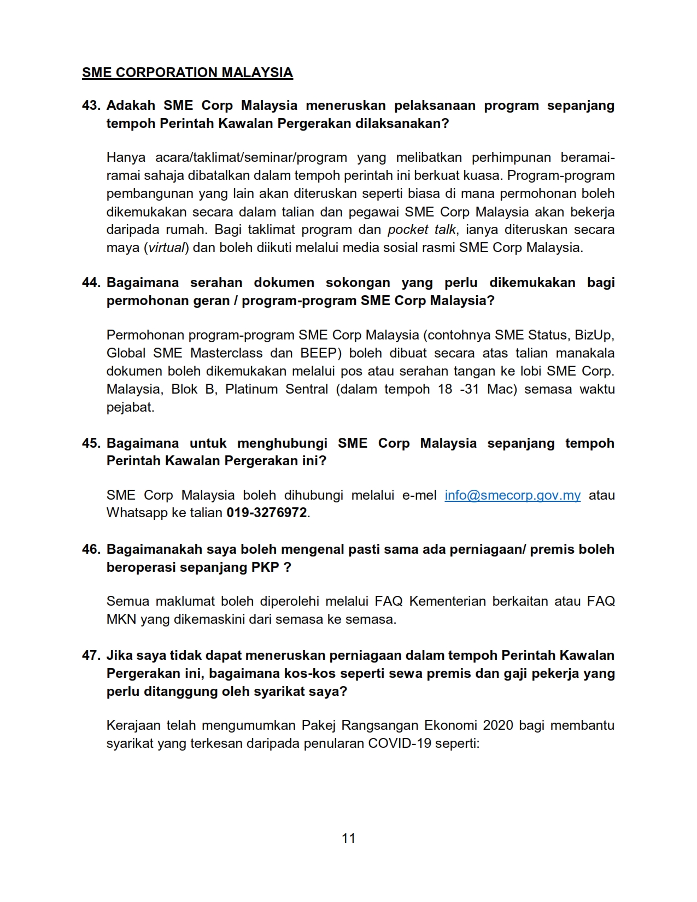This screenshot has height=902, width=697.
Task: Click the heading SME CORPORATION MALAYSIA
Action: [x=188, y=73]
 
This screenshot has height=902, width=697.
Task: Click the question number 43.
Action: [x=91, y=106]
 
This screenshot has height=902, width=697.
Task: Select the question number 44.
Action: [x=91, y=283]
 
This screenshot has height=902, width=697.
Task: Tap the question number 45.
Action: [x=91, y=443]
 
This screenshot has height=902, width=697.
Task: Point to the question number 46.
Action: [x=91, y=549]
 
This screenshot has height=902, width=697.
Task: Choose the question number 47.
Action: [x=91, y=655]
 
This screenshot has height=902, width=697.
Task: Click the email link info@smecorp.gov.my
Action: [x=512, y=495]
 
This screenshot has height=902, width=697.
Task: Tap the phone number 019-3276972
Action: [x=267, y=513]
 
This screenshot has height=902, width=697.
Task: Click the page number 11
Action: [x=348, y=839]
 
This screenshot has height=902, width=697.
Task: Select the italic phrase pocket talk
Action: [x=421, y=230]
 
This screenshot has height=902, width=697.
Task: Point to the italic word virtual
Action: [x=167, y=248]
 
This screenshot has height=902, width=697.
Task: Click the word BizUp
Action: [x=594, y=335]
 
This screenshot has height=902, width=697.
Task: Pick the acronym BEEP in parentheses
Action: [x=317, y=353]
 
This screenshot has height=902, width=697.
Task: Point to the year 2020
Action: [x=497, y=726]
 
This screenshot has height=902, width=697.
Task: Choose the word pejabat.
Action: [x=130, y=407]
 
